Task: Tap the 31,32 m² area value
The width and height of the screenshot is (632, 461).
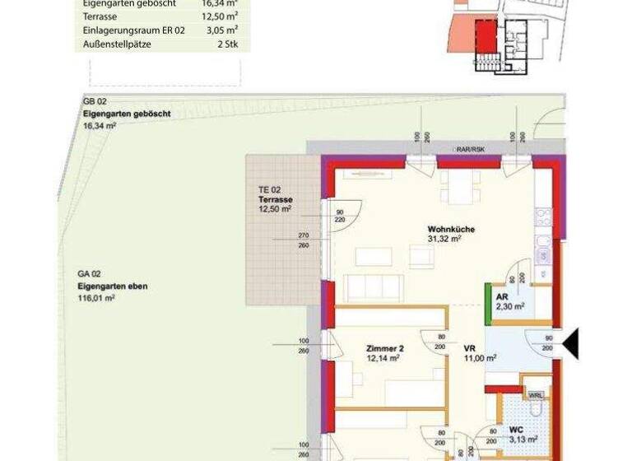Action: tap(444, 240)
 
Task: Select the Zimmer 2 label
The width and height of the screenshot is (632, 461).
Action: tap(384, 348)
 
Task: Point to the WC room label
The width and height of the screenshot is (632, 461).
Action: tap(516, 429)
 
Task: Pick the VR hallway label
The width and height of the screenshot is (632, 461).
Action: tap(468, 348)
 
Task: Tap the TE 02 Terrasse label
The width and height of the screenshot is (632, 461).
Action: tap(274, 200)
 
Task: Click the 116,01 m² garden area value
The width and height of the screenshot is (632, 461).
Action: tap(96, 298)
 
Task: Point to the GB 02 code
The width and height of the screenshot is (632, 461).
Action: tap(95, 101)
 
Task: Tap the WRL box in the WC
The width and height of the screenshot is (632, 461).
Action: tap(536, 395)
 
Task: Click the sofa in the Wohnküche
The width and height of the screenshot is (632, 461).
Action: tap(373, 288)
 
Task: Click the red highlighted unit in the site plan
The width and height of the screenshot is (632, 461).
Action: tap(486, 37)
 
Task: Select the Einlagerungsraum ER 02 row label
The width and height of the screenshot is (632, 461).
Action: tap(134, 29)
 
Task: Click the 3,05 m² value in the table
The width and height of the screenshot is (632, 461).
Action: tap(220, 29)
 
